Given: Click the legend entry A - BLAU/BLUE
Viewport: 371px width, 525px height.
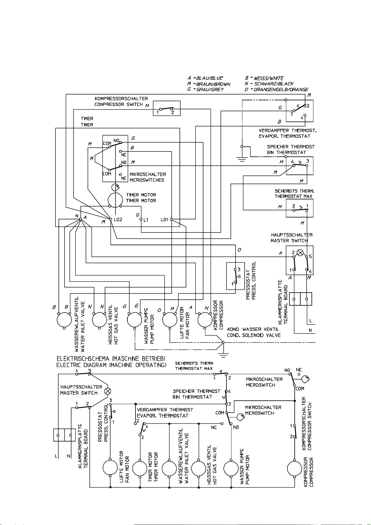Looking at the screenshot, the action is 205,78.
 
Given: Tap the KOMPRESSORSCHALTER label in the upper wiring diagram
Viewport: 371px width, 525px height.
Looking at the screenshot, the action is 121,98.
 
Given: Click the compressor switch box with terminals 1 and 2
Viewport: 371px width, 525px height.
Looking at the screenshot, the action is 167,108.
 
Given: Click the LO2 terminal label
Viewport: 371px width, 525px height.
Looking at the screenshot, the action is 118,220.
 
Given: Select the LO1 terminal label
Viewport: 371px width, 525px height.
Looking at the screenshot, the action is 164,220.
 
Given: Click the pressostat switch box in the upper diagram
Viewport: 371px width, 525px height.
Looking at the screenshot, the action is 235,276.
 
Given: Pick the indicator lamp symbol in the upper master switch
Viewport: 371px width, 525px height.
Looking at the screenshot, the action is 300,253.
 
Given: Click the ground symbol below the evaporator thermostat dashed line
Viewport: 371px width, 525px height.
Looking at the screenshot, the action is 242,160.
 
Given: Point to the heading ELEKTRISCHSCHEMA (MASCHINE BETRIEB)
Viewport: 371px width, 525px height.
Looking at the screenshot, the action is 111,359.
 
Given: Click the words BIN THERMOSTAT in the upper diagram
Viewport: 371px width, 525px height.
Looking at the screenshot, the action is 287,152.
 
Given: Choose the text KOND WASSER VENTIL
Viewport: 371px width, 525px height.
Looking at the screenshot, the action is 253,329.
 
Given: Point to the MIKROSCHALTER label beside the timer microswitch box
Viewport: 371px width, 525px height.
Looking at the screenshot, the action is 148,174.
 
